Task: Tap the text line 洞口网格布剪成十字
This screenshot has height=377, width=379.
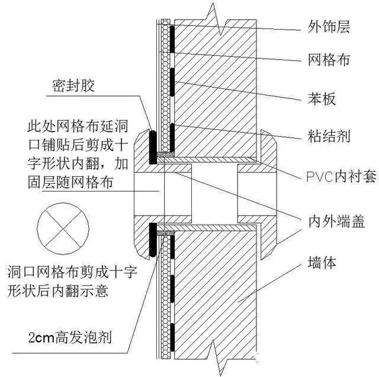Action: (72, 273)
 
